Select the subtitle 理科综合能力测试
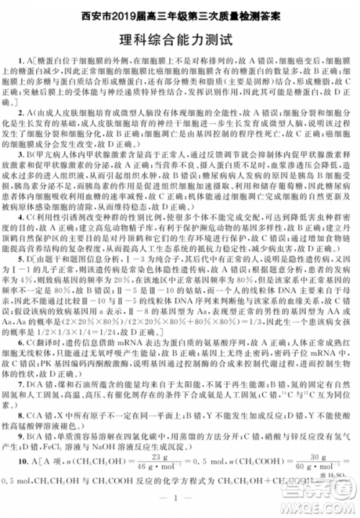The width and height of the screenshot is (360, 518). pos(179,40)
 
